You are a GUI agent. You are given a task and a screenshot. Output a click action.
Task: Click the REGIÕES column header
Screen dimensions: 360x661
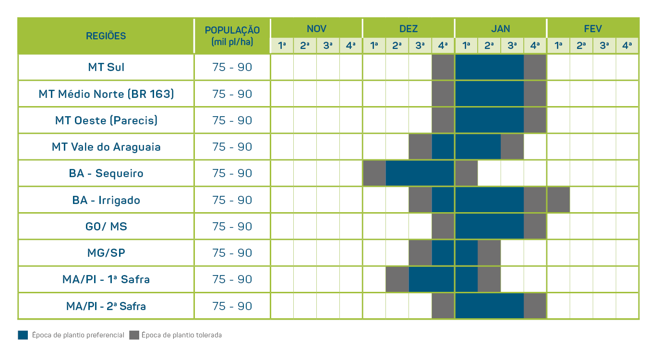pyautogui.click(x=106, y=36)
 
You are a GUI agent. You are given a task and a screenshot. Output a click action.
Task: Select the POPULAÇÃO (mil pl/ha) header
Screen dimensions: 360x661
pyautogui.click(x=232, y=36)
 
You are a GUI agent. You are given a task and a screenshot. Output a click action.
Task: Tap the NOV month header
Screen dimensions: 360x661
pyautogui.click(x=316, y=29)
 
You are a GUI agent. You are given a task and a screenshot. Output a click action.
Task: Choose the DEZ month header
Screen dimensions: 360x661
pyautogui.click(x=409, y=29)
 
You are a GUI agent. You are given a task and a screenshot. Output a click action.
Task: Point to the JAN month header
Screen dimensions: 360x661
pyautogui.click(x=501, y=29)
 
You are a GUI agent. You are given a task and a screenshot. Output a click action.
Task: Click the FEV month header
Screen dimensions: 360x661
pyautogui.click(x=593, y=29)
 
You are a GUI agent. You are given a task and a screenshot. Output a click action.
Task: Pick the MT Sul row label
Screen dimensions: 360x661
pyautogui.click(x=106, y=67)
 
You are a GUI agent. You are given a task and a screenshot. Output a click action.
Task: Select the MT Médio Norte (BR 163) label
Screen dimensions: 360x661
pyautogui.click(x=106, y=94)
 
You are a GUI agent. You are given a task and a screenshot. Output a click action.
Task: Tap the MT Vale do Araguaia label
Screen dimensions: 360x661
pyautogui.click(x=106, y=147)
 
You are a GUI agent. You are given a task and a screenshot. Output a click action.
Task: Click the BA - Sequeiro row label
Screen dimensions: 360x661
pyautogui.click(x=106, y=173)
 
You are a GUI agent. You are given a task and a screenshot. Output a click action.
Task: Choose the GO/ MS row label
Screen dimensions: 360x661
pyautogui.click(x=106, y=226)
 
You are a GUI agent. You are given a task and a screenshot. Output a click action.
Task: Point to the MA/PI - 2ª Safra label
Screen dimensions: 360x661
pyautogui.click(x=106, y=306)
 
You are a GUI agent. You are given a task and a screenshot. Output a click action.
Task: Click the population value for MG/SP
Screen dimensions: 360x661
pyautogui.click(x=232, y=253)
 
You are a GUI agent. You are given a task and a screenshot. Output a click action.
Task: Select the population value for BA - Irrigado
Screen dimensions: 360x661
pyautogui.click(x=232, y=200)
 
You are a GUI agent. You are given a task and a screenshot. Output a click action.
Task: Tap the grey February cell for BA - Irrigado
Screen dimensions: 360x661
pyautogui.click(x=558, y=200)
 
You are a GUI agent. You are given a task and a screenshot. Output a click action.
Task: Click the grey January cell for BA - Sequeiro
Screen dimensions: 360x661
pyautogui.click(x=466, y=173)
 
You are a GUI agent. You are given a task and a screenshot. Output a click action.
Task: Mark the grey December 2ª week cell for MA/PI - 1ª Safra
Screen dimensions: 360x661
pyautogui.click(x=397, y=279)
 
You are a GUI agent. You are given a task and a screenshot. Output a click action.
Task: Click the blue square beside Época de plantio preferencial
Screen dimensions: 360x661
pyautogui.click(x=23, y=335)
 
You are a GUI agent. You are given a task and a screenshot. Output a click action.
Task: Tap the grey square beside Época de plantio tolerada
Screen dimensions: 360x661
pyautogui.click(x=134, y=335)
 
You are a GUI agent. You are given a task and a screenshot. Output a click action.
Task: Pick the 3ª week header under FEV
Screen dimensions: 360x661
pyautogui.click(x=604, y=46)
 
